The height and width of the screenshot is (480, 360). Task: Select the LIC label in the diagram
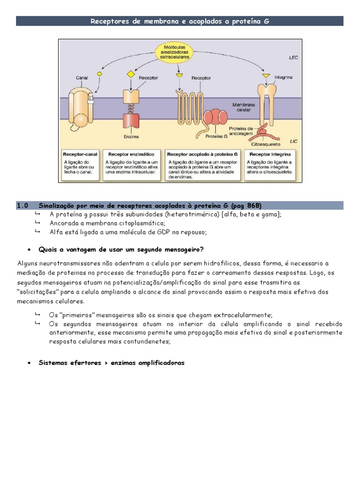click(293, 140)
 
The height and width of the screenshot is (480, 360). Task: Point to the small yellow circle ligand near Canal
click(99, 74)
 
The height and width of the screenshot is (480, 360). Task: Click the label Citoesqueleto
click(264, 144)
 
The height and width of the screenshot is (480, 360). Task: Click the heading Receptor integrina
click(270, 154)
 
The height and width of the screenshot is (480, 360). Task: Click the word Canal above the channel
click(82, 77)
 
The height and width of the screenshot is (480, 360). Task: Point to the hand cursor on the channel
click(91, 100)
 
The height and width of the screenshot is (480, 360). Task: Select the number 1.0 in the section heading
click(22, 205)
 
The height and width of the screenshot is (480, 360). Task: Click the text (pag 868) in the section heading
click(247, 205)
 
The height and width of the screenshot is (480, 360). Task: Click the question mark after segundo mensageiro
click(202, 249)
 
